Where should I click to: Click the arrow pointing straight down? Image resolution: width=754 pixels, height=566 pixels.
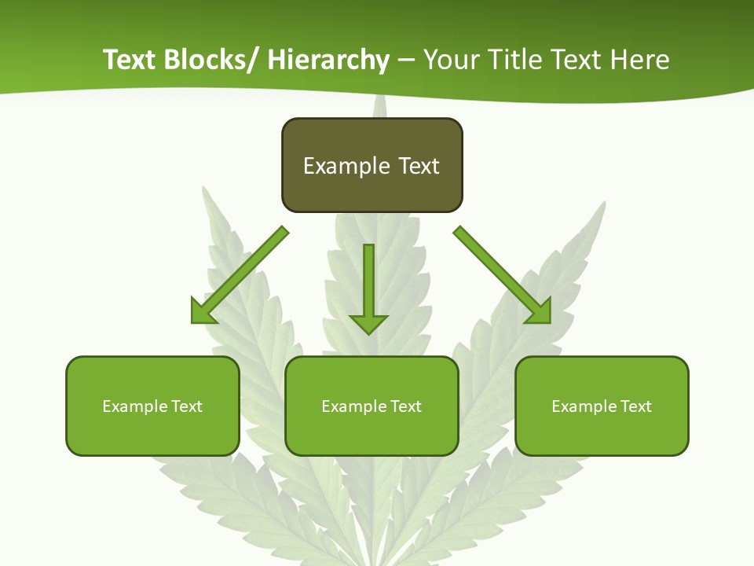click(x=368, y=287)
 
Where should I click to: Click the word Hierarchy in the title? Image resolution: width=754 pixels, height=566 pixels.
click(x=328, y=60)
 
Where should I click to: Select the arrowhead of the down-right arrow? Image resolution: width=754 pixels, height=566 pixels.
click(x=540, y=311)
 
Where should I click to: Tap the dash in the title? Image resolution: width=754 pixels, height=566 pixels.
click(x=406, y=60)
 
